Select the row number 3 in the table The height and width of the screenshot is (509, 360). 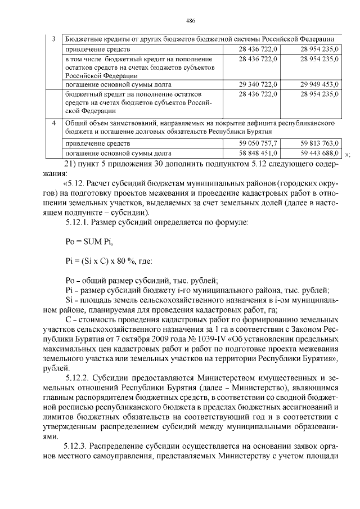click(53, 39)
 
